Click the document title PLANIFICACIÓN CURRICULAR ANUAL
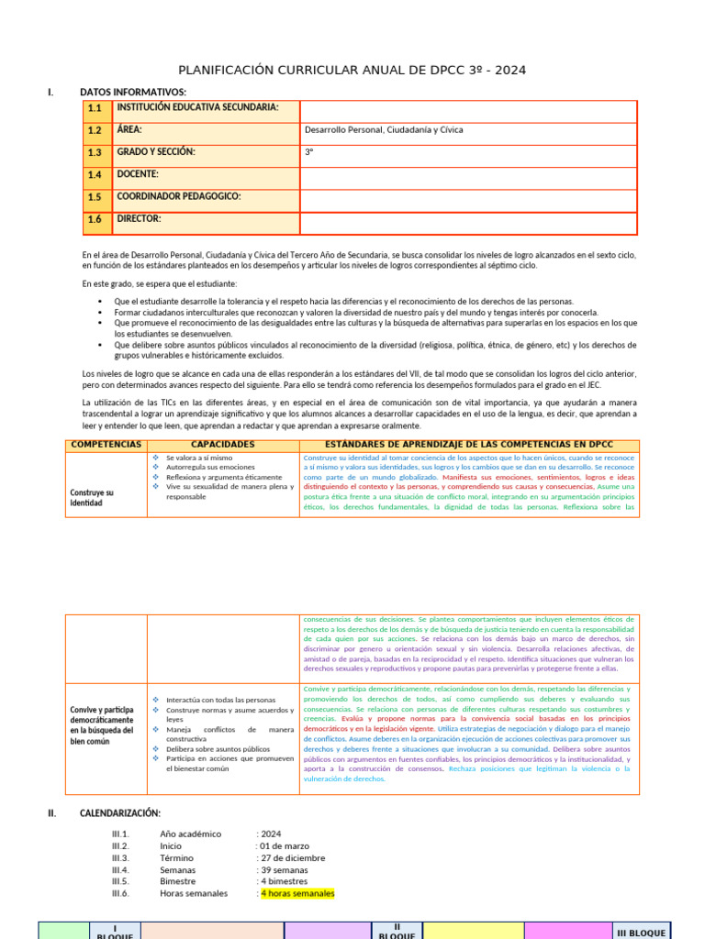352,72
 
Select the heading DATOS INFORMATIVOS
133,92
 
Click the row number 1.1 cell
95,109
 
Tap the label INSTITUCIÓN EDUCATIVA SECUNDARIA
196,107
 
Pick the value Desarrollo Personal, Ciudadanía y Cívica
384,130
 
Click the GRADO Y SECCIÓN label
156,151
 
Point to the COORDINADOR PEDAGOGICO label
178,196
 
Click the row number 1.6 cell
95,220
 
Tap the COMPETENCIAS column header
106,445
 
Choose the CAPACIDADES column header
223,445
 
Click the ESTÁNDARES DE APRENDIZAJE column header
469,445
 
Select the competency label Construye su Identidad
92,498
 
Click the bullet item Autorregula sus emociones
210,467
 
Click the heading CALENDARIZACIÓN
120,812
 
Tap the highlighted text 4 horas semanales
297,893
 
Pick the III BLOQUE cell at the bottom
643,933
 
